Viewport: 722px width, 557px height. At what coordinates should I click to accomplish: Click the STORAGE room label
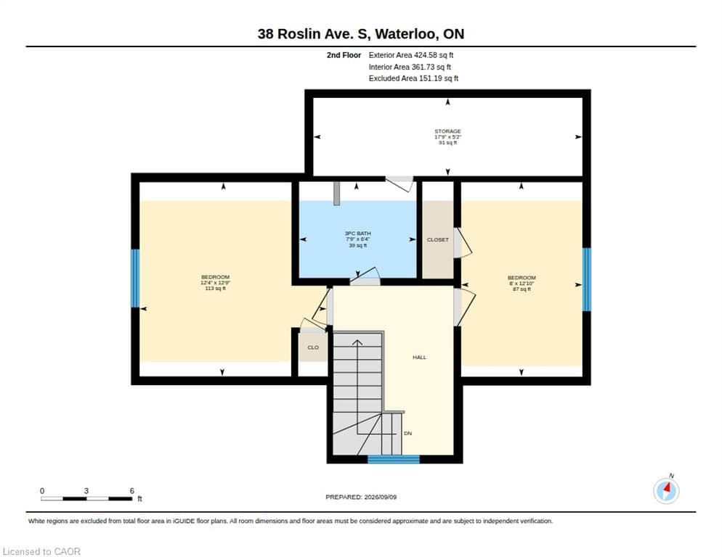(x=447, y=131)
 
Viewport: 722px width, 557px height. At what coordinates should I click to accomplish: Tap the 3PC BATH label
(x=358, y=234)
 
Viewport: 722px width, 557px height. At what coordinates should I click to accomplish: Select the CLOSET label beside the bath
(x=437, y=239)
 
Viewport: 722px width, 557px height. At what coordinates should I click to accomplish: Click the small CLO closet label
(x=313, y=347)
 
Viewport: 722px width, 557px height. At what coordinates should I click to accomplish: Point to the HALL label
(x=420, y=357)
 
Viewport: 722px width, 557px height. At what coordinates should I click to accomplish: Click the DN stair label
(x=408, y=433)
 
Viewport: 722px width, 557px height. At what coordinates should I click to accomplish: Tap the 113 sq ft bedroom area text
(x=216, y=289)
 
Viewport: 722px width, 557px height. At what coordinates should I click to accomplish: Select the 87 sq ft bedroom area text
(x=522, y=289)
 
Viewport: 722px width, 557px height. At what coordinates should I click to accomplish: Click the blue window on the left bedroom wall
(x=135, y=278)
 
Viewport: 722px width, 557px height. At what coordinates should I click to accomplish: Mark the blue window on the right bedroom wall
(x=587, y=280)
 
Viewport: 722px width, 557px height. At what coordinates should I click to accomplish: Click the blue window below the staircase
(x=394, y=459)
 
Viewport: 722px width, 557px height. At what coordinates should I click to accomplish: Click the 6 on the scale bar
(x=132, y=491)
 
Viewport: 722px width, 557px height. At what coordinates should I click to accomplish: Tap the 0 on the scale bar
(x=42, y=491)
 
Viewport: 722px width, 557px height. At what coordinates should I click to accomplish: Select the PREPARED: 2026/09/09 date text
(x=361, y=498)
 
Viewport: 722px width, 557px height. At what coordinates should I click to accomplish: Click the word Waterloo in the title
(x=405, y=34)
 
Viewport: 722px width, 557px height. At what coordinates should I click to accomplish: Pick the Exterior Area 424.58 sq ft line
(x=411, y=55)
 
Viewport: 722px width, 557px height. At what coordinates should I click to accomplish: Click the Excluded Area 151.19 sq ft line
(x=413, y=78)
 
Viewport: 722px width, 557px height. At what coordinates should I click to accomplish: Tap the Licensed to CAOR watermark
(x=41, y=551)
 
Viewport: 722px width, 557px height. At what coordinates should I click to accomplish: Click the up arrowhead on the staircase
(x=357, y=342)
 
